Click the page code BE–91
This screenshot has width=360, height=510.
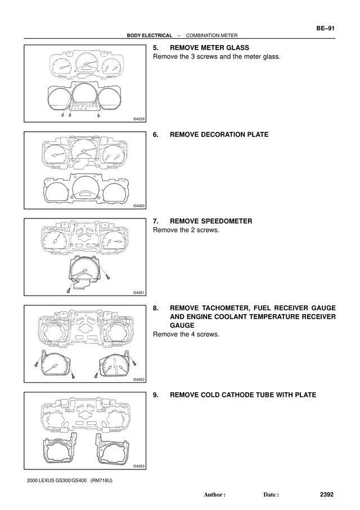pos(325,28)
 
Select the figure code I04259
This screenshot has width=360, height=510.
pos(139,119)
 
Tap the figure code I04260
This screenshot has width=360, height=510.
pos(139,206)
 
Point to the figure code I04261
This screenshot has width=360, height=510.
pos(139,293)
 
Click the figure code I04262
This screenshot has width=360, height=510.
pos(139,379)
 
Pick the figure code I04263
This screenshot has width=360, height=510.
pos(139,467)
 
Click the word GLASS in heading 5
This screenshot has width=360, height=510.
pos(237,47)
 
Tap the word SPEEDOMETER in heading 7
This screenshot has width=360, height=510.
pos(227,221)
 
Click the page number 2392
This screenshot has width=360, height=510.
pos(327,494)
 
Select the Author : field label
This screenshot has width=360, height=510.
pos(214,495)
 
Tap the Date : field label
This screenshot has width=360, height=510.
pos(271,495)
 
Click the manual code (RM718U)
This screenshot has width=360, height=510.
pos(101,480)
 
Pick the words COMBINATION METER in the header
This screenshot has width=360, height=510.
pos(211,35)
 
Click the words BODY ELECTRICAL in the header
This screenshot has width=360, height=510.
pos(150,35)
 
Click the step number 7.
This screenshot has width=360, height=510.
pos(156,221)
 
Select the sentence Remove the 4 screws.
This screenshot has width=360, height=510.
pos(186,334)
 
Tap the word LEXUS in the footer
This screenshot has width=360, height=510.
pos(47,480)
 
